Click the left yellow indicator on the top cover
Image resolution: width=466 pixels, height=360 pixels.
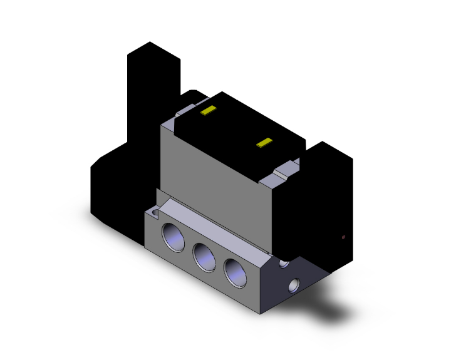pos(207,111)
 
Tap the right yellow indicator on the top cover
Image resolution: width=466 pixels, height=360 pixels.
pos(266,143)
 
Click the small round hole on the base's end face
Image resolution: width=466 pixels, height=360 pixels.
pos(293,287)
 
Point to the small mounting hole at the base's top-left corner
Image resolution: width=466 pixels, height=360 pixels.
pos(153,215)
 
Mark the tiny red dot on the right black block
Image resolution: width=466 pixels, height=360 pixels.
pos(343,237)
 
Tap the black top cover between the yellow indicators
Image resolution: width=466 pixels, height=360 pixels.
pos(238,125)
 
